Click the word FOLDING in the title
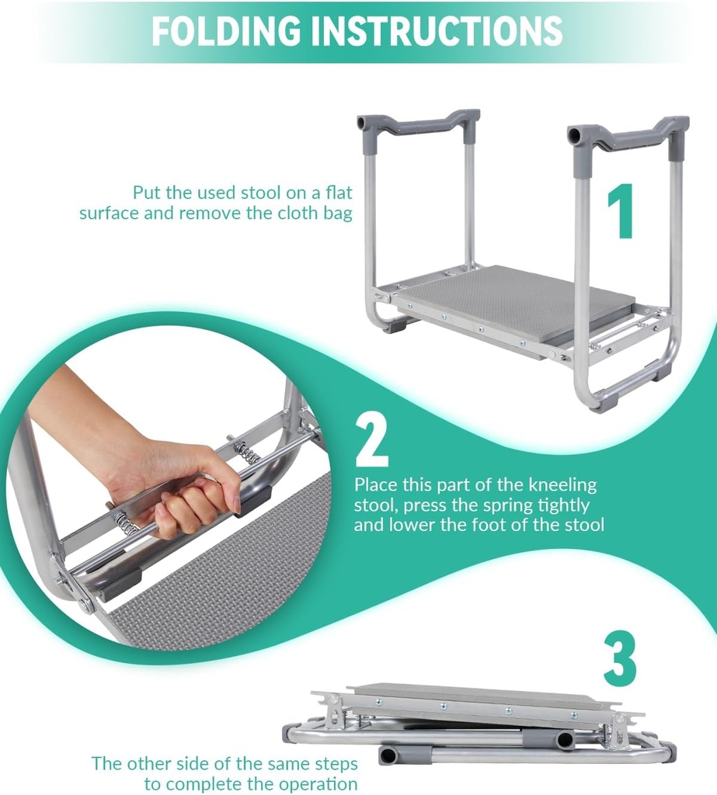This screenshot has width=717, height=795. click(x=226, y=30)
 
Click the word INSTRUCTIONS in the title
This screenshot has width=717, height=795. click(x=437, y=30)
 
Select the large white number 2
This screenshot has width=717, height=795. click(x=372, y=439)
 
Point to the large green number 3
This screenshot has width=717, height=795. click(x=620, y=658)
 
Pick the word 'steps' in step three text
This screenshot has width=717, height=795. click(x=336, y=764)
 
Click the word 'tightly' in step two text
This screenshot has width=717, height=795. click(x=564, y=505)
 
